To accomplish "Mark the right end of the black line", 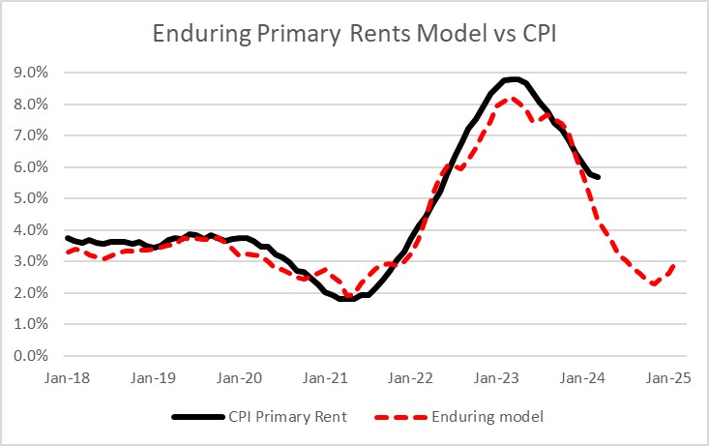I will click(x=599, y=177).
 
